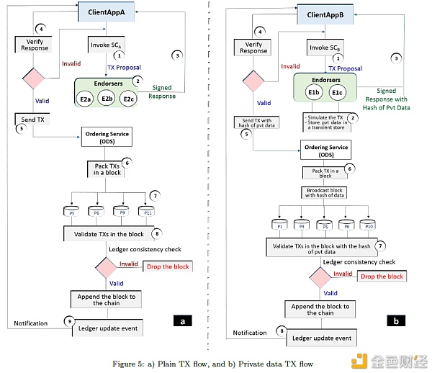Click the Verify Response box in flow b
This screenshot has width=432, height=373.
(253, 48)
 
